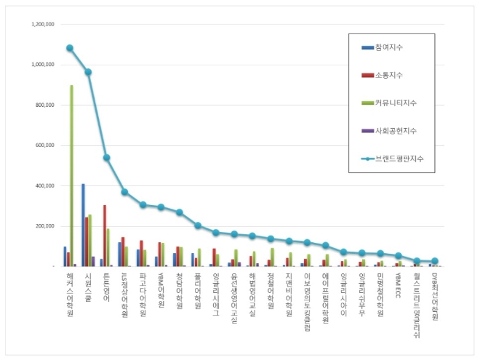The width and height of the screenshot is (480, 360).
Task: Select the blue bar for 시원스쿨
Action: point(83,225)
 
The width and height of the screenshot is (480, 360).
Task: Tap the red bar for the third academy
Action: point(105,236)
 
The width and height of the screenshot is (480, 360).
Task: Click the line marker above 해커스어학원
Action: point(70,48)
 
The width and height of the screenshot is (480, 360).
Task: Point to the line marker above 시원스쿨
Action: point(88,72)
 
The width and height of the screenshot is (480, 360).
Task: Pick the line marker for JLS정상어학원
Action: point(124,192)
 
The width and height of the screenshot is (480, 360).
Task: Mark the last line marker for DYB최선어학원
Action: point(434,261)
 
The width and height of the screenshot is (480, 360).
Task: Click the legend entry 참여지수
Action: point(388,47)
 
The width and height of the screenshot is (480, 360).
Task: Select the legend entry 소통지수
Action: point(388,75)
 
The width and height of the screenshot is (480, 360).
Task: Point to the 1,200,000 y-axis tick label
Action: point(43,24)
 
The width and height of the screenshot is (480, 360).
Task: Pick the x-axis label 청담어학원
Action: point(179,291)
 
